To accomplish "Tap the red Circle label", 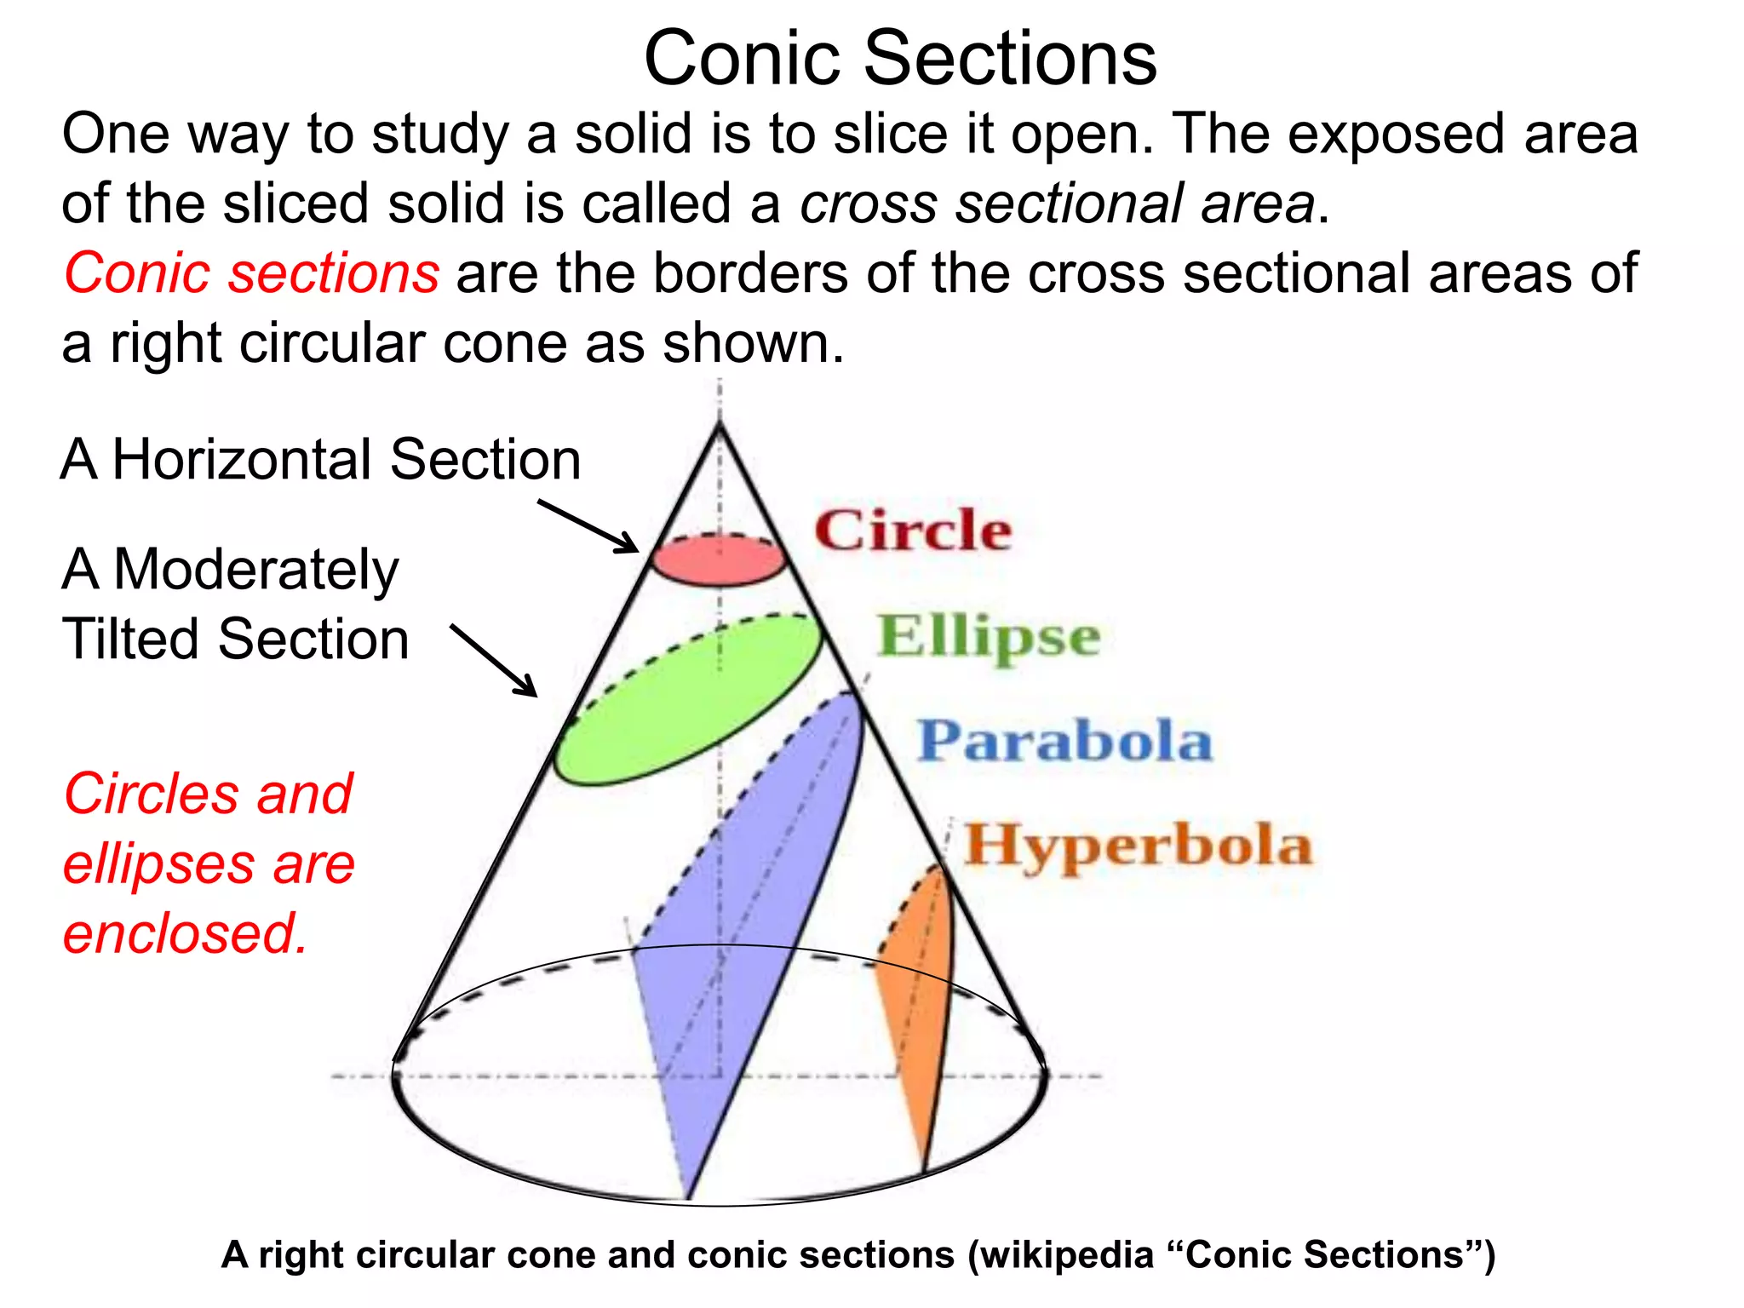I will click(x=913, y=531).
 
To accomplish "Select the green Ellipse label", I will click(x=989, y=637).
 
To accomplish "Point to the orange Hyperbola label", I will click(x=1138, y=846).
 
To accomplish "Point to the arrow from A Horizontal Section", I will click(x=588, y=526).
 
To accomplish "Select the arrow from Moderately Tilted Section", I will click(x=493, y=660).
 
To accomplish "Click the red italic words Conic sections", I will click(x=252, y=273).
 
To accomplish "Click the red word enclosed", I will click(x=185, y=933).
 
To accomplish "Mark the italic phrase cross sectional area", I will click(x=1057, y=204).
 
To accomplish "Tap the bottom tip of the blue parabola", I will click(x=688, y=1197).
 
